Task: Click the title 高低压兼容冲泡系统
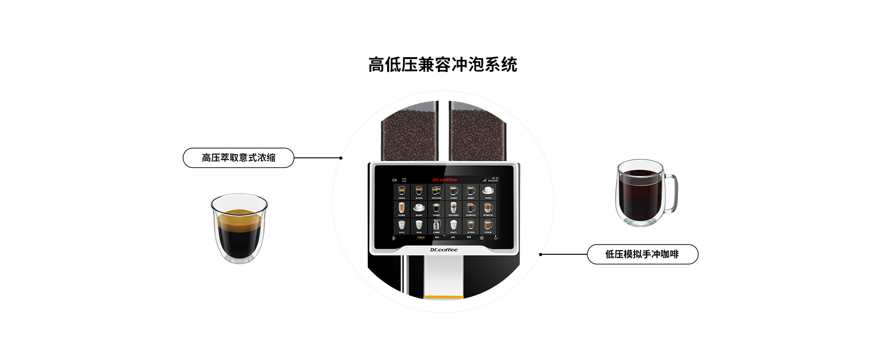tap(443, 65)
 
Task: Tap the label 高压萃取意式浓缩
tap(238, 158)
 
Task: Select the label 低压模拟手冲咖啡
tap(642, 254)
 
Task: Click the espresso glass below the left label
tap(239, 228)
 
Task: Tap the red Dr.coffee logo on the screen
tap(445, 180)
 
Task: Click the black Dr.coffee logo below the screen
tap(444, 250)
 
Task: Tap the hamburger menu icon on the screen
tap(404, 180)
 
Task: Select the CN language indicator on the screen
tap(395, 180)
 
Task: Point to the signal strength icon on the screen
tap(485, 180)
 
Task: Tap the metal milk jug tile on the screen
tap(436, 225)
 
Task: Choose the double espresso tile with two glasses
tap(436, 191)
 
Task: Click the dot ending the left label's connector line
tap(341, 158)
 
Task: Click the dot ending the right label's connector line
tap(541, 254)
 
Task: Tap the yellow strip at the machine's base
tap(443, 297)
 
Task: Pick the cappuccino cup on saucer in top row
tap(488, 191)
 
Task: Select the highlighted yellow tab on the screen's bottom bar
tap(420, 237)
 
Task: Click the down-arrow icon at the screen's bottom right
tap(496, 238)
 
